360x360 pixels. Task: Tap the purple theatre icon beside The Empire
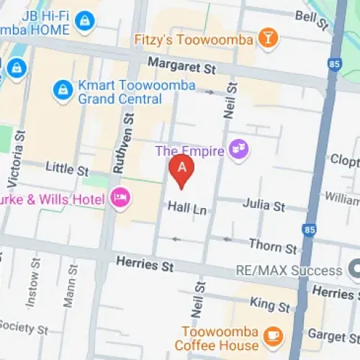[x=238, y=150]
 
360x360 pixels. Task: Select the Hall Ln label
[x=186, y=207]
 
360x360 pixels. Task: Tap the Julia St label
[x=264, y=207]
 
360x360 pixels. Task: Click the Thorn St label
[x=273, y=246]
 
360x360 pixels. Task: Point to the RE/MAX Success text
[x=289, y=271]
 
